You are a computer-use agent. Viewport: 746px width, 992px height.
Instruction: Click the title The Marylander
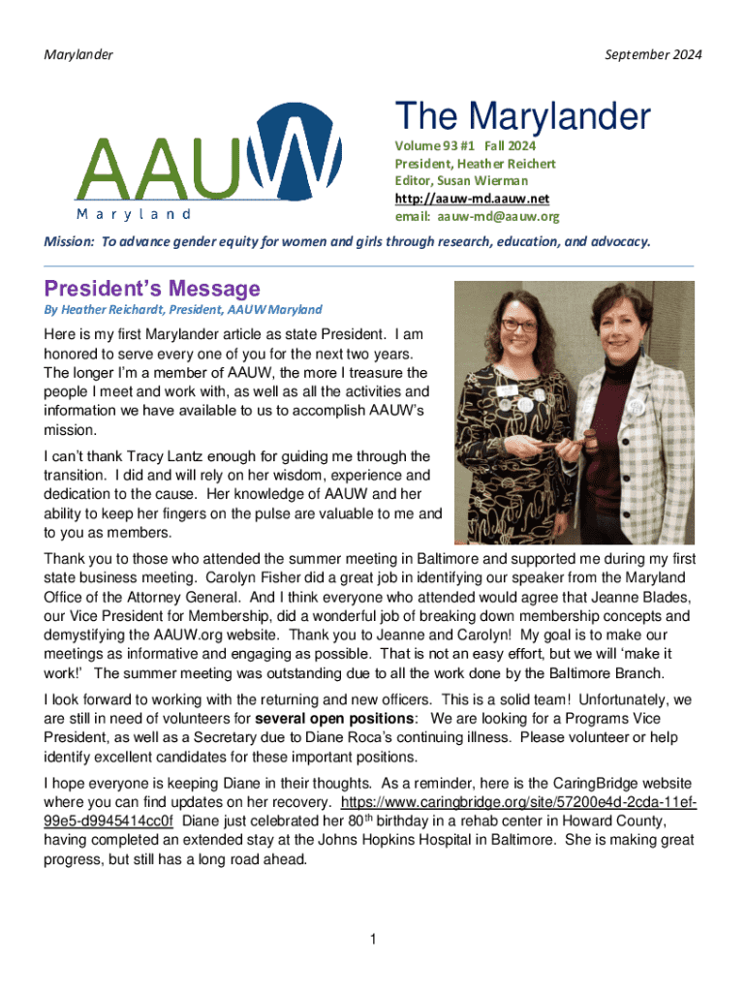pos(522,117)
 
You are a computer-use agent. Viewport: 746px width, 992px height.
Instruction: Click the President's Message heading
pos(152,289)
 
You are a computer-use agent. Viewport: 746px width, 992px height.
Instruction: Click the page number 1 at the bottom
pos(373,939)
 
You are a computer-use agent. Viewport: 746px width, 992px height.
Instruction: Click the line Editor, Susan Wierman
pos(460,181)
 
